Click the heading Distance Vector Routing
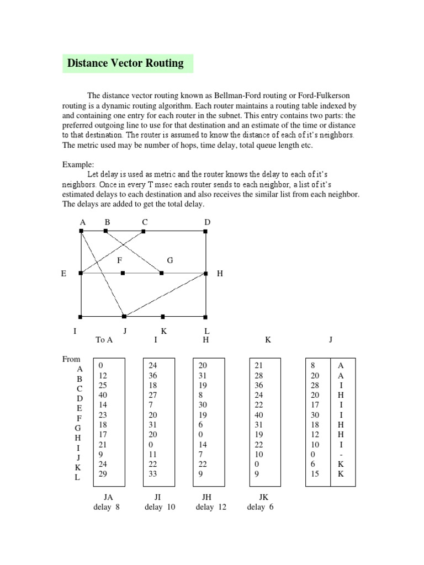pyautogui.click(x=125, y=63)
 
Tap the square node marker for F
pyautogui.click(x=123, y=273)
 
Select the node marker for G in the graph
pyautogui.click(x=162, y=273)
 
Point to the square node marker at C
pyautogui.click(x=144, y=231)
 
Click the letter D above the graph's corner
pyautogui.click(x=208, y=222)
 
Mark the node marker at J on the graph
pyautogui.click(x=124, y=316)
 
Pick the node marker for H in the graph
pyautogui.click(x=206, y=273)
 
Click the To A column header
pyautogui.click(x=104, y=340)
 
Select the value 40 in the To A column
pyautogui.click(x=103, y=395)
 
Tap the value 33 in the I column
pyautogui.click(x=153, y=473)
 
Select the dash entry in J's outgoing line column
pyautogui.click(x=341, y=454)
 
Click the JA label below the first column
pyautogui.click(x=108, y=497)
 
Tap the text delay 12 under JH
pyautogui.click(x=211, y=507)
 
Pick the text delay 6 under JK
pyautogui.click(x=261, y=507)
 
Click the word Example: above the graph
pyautogui.click(x=78, y=164)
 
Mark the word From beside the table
pyautogui.click(x=71, y=359)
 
